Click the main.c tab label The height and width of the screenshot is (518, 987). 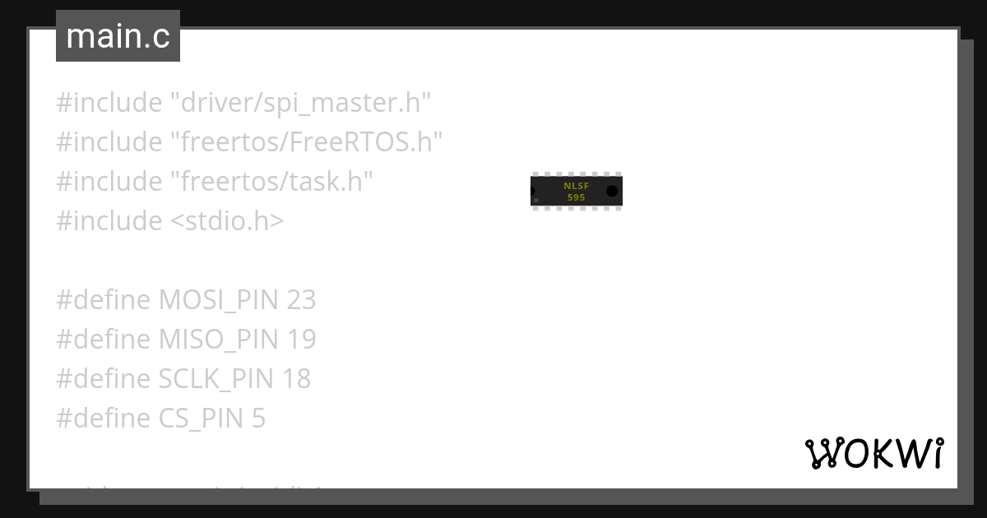[x=118, y=37]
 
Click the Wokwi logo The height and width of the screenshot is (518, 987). [x=873, y=454]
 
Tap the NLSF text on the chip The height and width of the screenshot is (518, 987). [x=576, y=186]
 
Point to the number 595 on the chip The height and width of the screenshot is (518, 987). [x=576, y=197]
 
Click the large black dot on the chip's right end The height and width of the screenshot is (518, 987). [x=612, y=191]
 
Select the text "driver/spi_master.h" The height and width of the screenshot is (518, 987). [x=301, y=103]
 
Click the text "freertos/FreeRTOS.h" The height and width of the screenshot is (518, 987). [x=307, y=142]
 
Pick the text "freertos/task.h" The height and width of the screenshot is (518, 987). [x=272, y=182]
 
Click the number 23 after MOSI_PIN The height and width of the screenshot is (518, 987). [x=301, y=300]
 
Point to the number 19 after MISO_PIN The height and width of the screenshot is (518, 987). [x=301, y=340]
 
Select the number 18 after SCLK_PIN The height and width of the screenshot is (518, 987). [x=297, y=379]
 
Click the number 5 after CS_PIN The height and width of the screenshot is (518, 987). [x=258, y=419]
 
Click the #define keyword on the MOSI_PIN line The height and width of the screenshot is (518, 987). [x=104, y=300]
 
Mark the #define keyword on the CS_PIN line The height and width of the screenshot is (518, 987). [x=104, y=419]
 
